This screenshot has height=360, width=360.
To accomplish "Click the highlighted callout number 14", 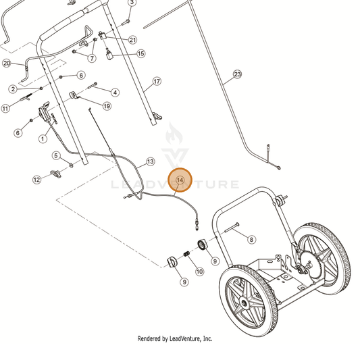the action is [x=180, y=180].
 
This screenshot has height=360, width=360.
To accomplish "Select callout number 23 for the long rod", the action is [x=237, y=74].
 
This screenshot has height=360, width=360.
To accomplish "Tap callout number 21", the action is [x=132, y=40].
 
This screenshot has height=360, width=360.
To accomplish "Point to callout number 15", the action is [x=140, y=53].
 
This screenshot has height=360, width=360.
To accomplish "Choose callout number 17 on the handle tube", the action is [x=157, y=81].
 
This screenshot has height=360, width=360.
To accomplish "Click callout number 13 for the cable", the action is [x=150, y=161].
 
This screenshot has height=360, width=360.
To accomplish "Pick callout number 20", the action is [x=7, y=63].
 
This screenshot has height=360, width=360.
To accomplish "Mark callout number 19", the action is [x=107, y=106].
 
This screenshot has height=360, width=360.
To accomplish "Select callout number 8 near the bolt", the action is [x=251, y=240].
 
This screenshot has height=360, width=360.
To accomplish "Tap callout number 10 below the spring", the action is [x=199, y=272].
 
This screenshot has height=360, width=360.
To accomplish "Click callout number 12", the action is [x=36, y=180].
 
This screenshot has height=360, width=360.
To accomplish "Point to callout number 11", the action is [x=5, y=108].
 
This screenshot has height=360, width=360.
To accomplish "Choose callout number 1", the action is [x=43, y=138].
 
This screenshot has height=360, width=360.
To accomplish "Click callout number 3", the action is [x=132, y=2].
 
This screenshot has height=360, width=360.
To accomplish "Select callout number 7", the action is [x=92, y=58].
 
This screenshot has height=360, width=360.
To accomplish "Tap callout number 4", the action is [x=115, y=93].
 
